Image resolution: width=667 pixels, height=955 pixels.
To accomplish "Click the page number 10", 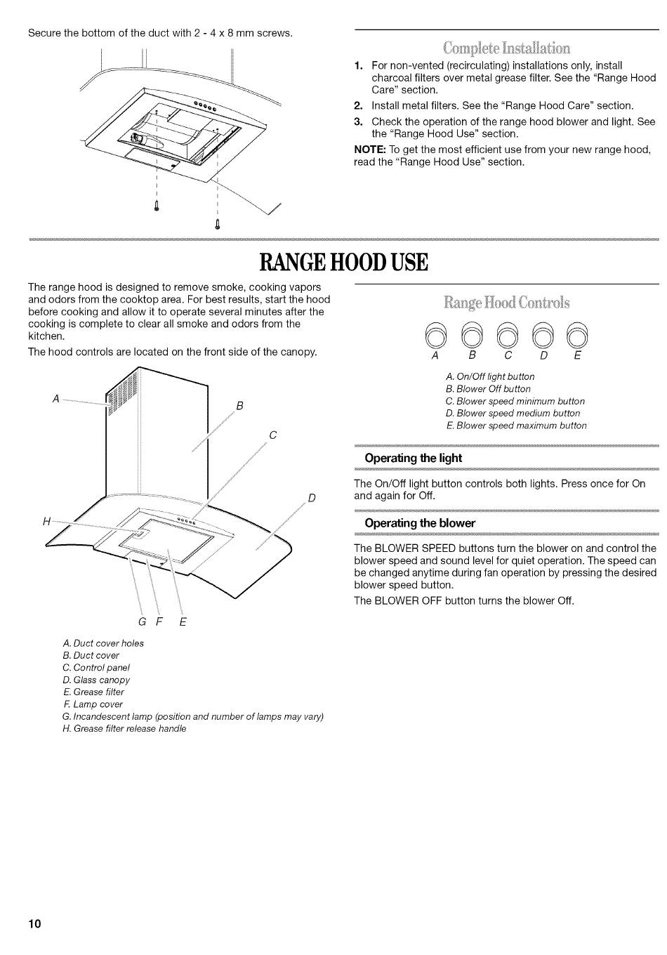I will [x=35, y=923].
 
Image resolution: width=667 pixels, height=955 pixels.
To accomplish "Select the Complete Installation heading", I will [x=506, y=48].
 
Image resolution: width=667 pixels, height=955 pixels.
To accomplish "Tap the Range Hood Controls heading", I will [x=507, y=303].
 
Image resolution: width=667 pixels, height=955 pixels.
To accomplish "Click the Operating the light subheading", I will [x=413, y=458].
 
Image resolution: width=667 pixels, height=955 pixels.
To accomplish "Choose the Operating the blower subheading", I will [x=420, y=522].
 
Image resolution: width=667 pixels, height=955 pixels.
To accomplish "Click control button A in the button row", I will [x=436, y=334].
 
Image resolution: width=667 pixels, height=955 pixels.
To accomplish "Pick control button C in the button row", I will [x=507, y=334].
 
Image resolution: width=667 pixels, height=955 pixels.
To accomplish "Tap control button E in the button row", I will [x=577, y=334].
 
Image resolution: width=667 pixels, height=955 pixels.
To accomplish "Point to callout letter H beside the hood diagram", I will [x=46, y=521].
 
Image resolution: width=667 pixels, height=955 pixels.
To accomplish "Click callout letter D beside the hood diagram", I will [x=312, y=498].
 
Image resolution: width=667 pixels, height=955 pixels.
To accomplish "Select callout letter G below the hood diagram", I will [x=142, y=621].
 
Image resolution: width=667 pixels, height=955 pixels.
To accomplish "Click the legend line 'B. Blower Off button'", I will [x=488, y=389].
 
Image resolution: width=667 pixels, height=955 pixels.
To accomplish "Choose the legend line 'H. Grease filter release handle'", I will [x=124, y=729].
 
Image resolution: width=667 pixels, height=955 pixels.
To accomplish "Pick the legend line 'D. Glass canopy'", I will [x=96, y=680].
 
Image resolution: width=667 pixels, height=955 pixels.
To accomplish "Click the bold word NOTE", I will [x=369, y=150].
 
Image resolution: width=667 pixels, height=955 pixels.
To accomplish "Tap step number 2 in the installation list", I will [x=358, y=106].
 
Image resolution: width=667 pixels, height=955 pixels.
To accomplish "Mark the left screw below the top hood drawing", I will [x=157, y=206].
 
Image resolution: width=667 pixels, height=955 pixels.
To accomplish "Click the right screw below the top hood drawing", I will [x=218, y=225].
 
